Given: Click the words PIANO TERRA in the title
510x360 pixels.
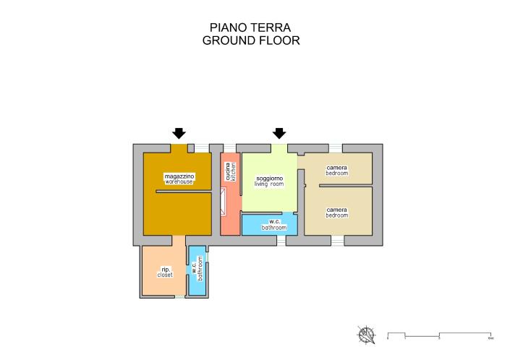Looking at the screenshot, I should coord(250,27).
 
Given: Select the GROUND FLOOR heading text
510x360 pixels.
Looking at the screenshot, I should coord(250,41).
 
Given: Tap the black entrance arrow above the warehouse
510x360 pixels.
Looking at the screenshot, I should coord(179,133).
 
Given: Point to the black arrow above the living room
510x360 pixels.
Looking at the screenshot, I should coord(279,133).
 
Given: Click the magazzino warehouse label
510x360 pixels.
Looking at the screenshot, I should coord(179,179).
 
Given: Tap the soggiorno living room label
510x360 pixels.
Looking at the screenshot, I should coord(268,181).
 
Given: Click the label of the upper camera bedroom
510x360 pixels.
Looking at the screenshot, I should coord(336,171).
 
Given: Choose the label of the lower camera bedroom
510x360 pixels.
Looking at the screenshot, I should coord(336,212).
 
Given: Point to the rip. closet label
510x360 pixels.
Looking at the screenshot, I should coord(165,273).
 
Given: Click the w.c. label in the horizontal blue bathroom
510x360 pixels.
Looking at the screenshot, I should coord(274,225).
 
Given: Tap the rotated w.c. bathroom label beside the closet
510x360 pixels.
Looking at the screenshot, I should coord(197,271).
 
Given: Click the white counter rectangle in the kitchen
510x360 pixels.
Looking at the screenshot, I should coord(224,202).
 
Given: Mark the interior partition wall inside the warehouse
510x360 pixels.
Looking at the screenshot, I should coord(184,192).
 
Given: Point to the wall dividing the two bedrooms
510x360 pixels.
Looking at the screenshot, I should coord(346,185).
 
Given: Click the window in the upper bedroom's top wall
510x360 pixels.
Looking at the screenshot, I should coord(336,148).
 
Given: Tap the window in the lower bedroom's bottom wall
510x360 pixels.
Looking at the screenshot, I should coord(338,240).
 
